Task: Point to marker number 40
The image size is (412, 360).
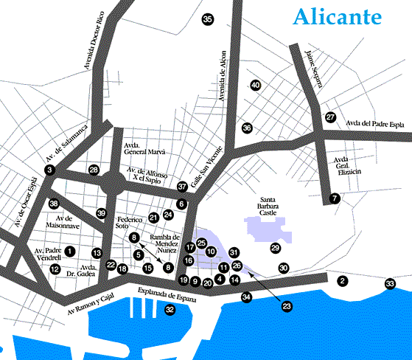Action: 255,86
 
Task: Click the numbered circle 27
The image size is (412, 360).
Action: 330,117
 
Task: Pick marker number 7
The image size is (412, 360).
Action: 335,198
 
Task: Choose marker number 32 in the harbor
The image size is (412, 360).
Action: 170,310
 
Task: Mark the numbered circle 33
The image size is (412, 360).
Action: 390,284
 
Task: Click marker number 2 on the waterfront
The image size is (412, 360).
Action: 342,281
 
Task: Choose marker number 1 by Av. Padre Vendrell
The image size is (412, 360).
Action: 69,252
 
